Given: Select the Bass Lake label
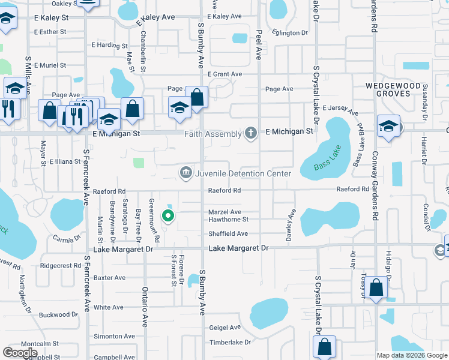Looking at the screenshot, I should pos(328,158).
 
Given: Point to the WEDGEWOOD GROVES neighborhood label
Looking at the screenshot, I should pos(394,90).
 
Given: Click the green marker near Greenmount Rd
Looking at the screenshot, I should pos(169,216).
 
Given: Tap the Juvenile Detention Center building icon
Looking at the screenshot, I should pos(185,173).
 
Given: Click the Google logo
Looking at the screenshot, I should pos(20,353).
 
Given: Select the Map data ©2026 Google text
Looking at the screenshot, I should pos(411,355).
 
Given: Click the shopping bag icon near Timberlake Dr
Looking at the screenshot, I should pos(324,347).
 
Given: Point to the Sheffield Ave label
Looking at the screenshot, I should pos(228,234).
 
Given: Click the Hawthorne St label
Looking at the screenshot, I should pos(228,220).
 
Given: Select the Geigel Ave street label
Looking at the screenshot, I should pos(225,328).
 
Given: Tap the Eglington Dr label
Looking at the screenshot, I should pos(289,33).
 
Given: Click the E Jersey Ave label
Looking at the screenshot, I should pos(340,110).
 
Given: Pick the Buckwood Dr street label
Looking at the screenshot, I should pos(59,314).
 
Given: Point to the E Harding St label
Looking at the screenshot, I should pos(110,45).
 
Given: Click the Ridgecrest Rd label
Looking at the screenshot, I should pos(60,265).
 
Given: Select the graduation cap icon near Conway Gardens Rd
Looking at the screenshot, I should pos(389,127).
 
